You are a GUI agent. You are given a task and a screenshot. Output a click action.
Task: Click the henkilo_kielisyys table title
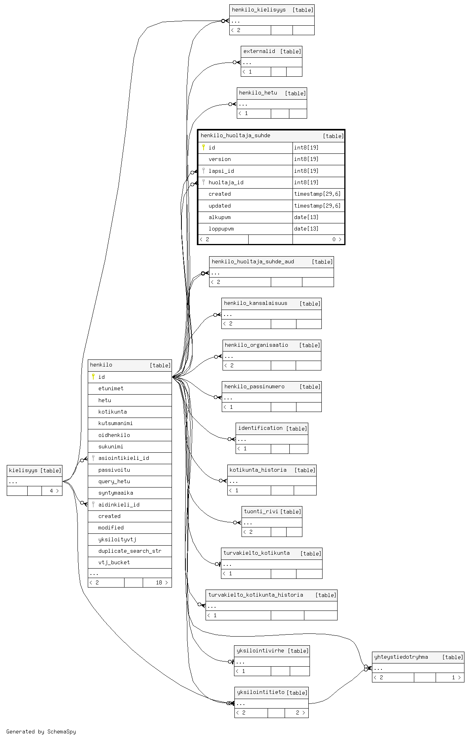pyautogui.click(x=259, y=10)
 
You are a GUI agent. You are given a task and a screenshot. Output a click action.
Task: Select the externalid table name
pyautogui.click(x=259, y=51)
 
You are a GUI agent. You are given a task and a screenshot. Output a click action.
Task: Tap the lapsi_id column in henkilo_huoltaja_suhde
pyautogui.click(x=221, y=171)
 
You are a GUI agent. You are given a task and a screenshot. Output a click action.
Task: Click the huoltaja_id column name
pyautogui.click(x=226, y=182)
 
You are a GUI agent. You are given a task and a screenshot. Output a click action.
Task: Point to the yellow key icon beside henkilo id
pyautogui.click(x=93, y=377)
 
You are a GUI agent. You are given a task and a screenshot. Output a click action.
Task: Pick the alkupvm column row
pyautogui.click(x=219, y=217)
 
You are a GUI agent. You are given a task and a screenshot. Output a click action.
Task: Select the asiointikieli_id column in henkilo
pyautogui.click(x=123, y=458)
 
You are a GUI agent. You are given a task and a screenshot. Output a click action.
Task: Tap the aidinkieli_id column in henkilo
pyautogui.click(x=119, y=505)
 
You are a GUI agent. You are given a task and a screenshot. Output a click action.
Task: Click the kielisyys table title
pyautogui.click(x=23, y=470)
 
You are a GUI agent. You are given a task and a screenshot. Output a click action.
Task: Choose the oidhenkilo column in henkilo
pyautogui.click(x=114, y=435)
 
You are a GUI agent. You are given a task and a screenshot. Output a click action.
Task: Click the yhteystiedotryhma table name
pyautogui.click(x=401, y=657)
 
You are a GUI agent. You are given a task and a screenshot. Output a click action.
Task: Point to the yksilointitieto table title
pyautogui.click(x=260, y=692)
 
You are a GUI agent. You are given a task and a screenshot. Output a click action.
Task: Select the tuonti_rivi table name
pyautogui.click(x=261, y=511)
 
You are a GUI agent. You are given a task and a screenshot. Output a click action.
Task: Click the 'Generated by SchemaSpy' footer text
pyautogui.click(x=41, y=731)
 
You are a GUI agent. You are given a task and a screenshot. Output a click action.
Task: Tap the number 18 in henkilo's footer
pyautogui.click(x=159, y=582)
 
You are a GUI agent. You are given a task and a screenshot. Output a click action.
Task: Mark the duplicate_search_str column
pyautogui.click(x=130, y=551)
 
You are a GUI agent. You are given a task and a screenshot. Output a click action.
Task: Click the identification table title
pyautogui.click(x=260, y=428)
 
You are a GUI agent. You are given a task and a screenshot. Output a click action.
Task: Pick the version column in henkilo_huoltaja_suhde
pyautogui.click(x=219, y=159)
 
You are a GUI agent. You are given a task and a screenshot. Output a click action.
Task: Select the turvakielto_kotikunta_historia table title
pyautogui.click(x=255, y=595)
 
